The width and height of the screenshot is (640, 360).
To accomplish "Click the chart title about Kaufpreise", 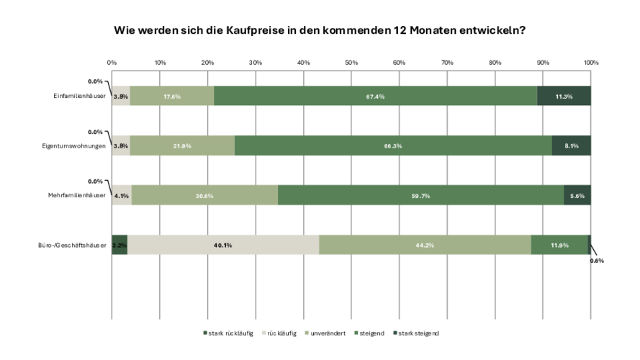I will click(x=320, y=31).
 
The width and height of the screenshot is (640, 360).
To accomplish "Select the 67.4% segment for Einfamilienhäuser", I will click(x=375, y=96).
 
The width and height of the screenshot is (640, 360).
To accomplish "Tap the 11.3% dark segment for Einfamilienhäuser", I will click(x=564, y=96).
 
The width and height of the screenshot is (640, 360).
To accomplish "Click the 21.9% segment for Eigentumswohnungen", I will click(x=181, y=145).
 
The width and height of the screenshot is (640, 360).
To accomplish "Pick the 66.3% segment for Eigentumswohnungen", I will click(x=393, y=145).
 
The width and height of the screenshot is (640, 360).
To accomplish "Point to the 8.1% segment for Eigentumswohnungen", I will click(x=572, y=145).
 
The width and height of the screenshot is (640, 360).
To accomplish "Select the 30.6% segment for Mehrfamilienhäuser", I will click(x=204, y=195).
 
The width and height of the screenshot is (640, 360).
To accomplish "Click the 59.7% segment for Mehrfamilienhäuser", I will click(x=420, y=195).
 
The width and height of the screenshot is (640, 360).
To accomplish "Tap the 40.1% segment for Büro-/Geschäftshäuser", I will click(x=222, y=245).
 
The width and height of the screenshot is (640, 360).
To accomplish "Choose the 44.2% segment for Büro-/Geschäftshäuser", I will click(x=425, y=245).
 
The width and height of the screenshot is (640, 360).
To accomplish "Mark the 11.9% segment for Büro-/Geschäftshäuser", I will click(x=559, y=245).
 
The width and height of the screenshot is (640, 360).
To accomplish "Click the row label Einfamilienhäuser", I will click(x=79, y=96).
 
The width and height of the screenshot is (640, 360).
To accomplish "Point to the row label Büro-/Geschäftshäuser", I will click(x=73, y=245).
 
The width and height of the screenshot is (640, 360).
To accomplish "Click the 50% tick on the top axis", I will click(x=351, y=63).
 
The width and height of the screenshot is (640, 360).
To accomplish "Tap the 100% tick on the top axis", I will click(x=590, y=63).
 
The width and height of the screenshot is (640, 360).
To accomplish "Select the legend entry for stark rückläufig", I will click(x=228, y=333).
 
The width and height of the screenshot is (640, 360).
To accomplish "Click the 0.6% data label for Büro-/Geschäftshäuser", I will click(x=597, y=261).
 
